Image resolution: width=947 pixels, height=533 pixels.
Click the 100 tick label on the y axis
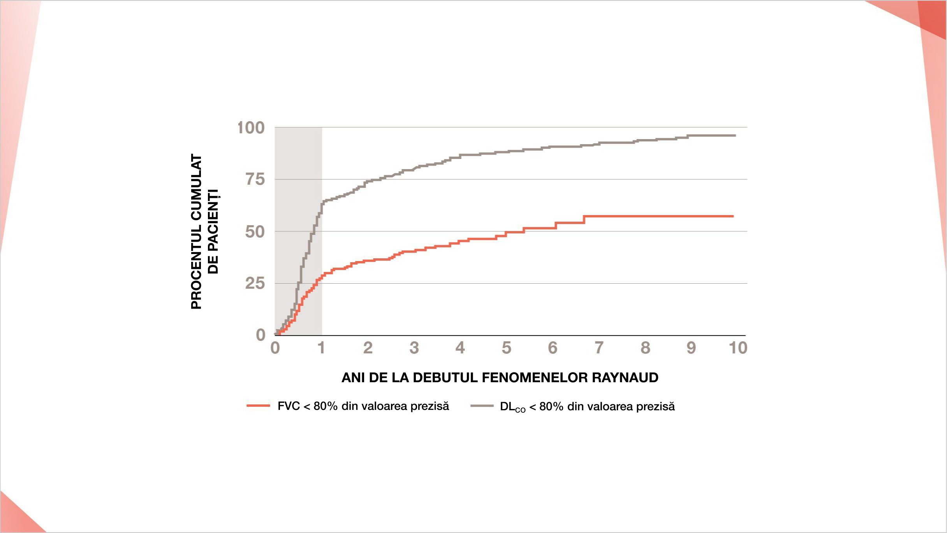point(251,128)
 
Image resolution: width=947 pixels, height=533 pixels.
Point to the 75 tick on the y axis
point(255,180)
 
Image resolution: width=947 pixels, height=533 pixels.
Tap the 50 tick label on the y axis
point(255,232)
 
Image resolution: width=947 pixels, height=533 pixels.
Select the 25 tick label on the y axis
point(255,284)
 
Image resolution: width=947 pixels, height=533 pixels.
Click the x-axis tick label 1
point(321,348)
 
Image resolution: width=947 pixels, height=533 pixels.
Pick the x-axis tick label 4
point(460,348)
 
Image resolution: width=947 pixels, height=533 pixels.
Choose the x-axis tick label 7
point(599,348)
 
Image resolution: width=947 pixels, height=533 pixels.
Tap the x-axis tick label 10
point(738,348)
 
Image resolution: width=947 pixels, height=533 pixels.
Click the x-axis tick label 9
point(691,348)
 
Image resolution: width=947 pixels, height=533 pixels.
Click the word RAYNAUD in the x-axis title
point(625,378)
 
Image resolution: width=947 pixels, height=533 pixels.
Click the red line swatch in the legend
point(258,406)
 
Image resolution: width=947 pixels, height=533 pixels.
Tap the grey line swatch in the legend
point(482,406)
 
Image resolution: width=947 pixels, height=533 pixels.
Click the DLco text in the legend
point(512,407)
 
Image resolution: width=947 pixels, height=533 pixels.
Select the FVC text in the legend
point(289,406)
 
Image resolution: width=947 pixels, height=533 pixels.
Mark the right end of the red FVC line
point(733,216)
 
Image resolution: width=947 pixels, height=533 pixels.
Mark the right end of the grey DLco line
point(735,136)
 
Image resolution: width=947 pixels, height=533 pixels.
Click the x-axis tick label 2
point(368,348)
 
